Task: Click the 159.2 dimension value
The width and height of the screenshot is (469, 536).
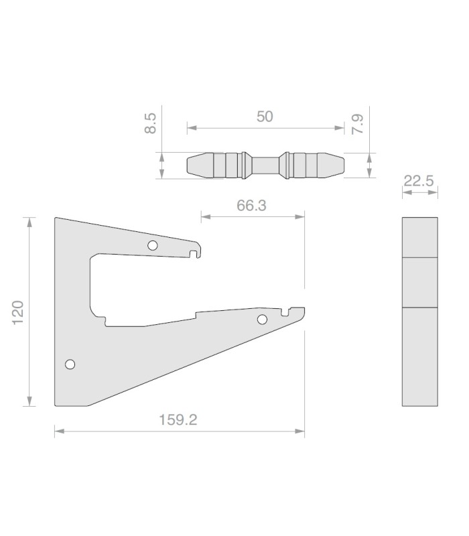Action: click(x=178, y=419)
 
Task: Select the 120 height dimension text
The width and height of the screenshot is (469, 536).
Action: click(x=18, y=313)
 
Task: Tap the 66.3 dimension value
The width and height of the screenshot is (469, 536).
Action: click(x=251, y=206)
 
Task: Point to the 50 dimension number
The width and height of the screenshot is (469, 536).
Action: click(x=265, y=117)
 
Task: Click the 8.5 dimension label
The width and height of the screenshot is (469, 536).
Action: click(x=150, y=123)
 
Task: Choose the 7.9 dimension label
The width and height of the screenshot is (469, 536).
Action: click(x=358, y=125)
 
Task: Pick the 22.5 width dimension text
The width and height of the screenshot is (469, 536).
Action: click(x=419, y=181)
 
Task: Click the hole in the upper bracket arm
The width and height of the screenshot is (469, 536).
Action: click(x=153, y=245)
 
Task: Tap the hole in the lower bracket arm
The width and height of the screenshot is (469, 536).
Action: click(x=262, y=320)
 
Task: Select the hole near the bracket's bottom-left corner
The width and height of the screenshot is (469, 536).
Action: click(x=70, y=364)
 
